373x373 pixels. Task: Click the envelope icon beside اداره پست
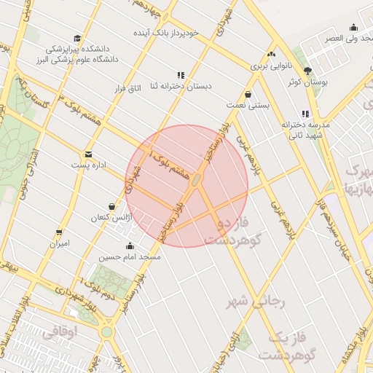[x=88, y=154]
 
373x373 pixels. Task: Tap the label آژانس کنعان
[x=109, y=218]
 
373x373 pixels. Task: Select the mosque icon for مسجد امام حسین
[x=130, y=246]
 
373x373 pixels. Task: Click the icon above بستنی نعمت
[x=249, y=94]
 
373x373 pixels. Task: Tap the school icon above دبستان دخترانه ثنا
[x=181, y=74]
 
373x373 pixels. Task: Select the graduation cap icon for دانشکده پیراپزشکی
[x=77, y=39]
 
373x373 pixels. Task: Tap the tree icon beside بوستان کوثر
[x=307, y=71]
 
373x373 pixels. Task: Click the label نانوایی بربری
[x=271, y=66]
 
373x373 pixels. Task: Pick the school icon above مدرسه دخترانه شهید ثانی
[x=306, y=114]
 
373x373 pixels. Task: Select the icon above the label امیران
[x=59, y=232]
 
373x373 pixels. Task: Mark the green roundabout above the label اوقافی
[x=107, y=332]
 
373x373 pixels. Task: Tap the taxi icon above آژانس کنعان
[x=111, y=207]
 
